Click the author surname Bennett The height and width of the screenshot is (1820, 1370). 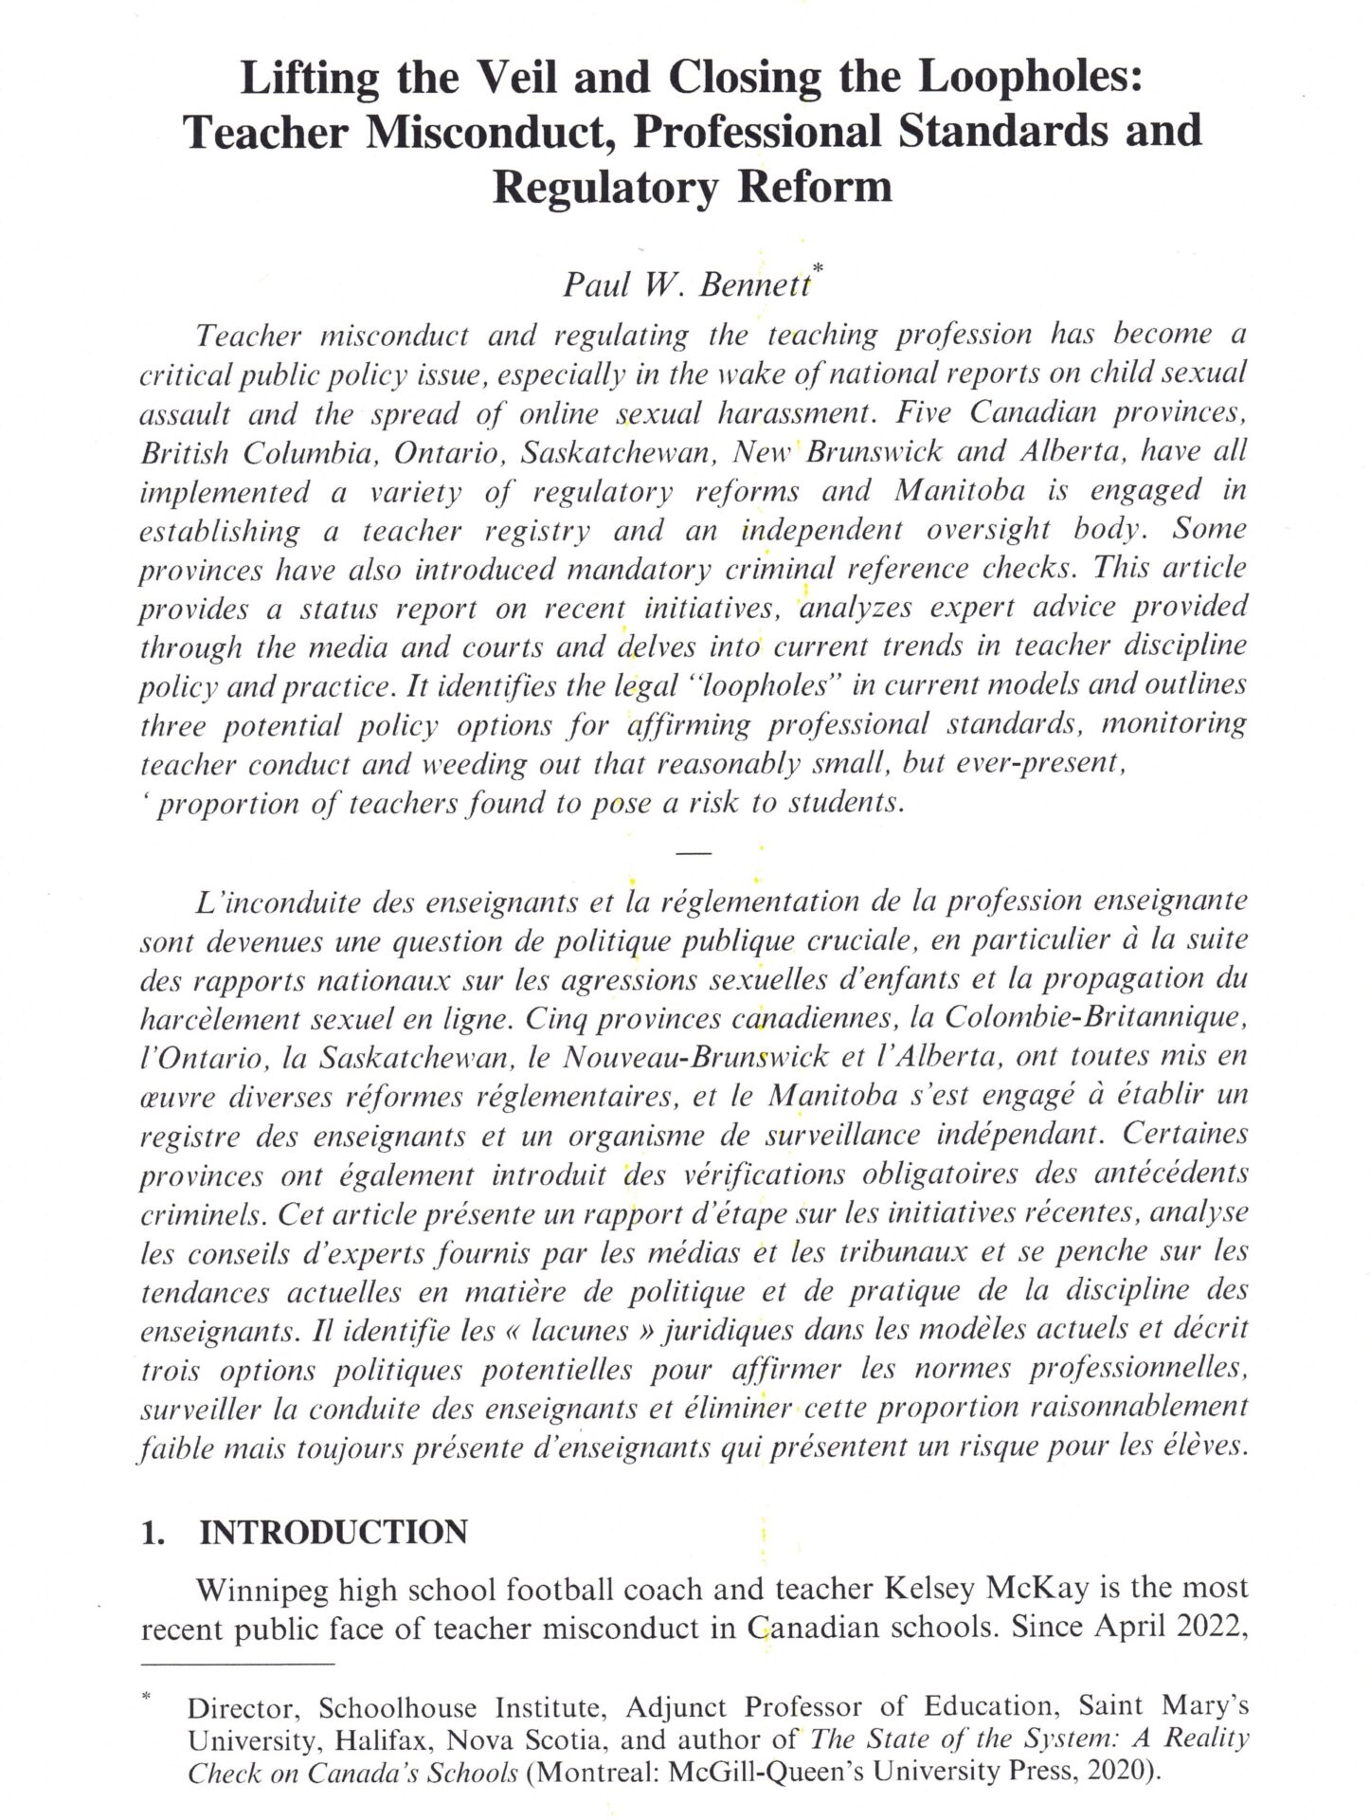pos(755,284)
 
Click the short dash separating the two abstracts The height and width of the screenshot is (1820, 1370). pos(694,854)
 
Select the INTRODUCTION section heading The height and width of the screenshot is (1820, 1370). pos(333,1533)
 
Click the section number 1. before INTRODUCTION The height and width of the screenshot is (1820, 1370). pos(153,1533)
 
